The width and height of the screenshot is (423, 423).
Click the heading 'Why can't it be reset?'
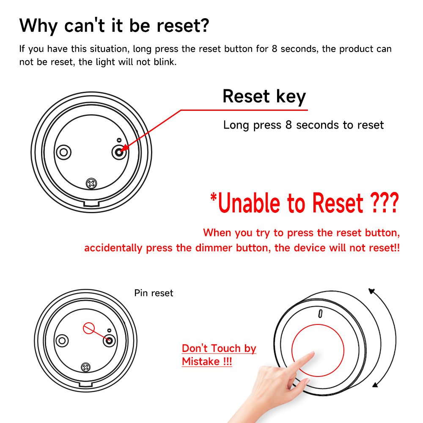[114, 26]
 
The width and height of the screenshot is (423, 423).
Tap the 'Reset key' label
[264, 96]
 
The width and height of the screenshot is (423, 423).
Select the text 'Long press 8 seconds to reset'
[303, 125]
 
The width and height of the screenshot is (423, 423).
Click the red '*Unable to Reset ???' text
[304, 203]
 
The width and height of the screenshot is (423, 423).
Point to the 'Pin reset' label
[154, 293]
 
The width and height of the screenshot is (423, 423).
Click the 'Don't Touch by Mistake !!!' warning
[219, 355]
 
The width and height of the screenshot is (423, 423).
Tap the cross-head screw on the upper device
[91, 184]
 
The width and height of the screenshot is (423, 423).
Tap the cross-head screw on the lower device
[86, 367]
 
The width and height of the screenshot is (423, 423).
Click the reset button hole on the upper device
[119, 152]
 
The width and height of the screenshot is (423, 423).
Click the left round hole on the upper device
[64, 152]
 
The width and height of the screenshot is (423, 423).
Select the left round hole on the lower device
[62, 341]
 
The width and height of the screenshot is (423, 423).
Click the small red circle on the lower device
[89, 328]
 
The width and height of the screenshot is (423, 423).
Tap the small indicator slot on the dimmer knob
[320, 314]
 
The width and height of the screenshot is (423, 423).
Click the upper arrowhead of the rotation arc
[372, 291]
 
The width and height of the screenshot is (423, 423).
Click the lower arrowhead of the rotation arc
[375, 385]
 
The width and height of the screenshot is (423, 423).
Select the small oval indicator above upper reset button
[119, 140]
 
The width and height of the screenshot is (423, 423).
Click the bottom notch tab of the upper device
[91, 203]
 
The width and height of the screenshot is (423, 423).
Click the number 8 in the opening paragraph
[275, 49]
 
